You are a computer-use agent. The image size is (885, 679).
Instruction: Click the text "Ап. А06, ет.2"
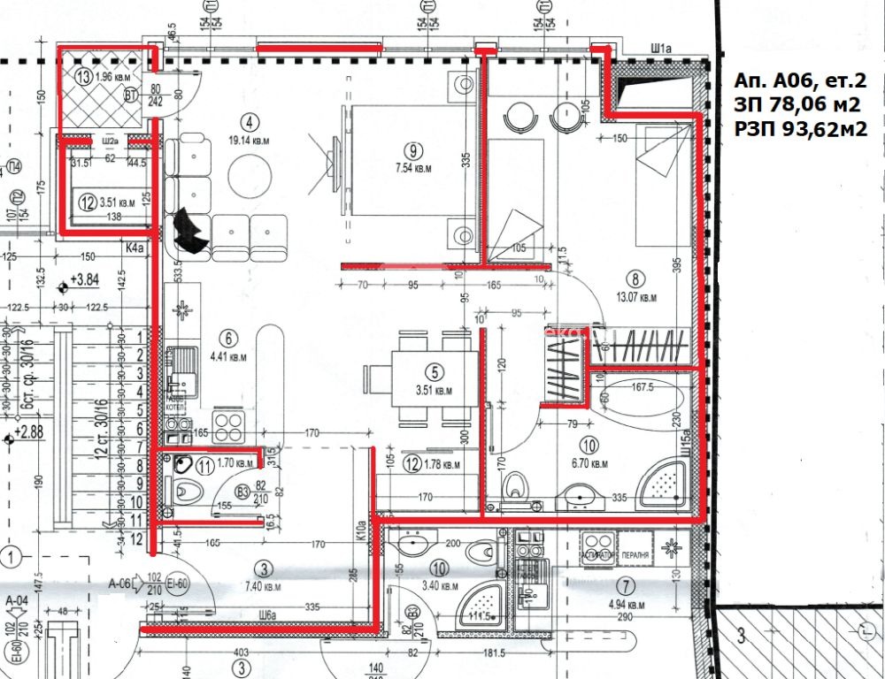click(x=799, y=80)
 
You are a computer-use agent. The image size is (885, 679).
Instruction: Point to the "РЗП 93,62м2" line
click(x=799, y=129)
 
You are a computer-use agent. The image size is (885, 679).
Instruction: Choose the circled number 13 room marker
click(x=83, y=76)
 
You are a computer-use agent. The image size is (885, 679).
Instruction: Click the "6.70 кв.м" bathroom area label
click(x=588, y=463)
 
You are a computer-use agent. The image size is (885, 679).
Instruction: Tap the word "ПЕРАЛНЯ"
click(x=635, y=555)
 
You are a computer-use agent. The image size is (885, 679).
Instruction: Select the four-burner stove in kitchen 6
click(x=227, y=427)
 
